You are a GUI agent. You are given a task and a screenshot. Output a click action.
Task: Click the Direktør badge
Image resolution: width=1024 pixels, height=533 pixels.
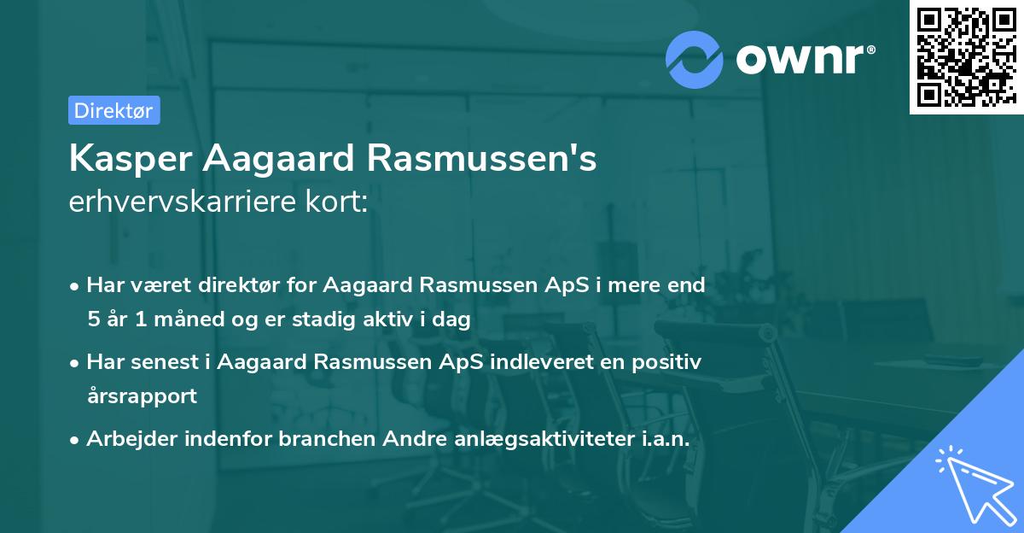coord(113,110)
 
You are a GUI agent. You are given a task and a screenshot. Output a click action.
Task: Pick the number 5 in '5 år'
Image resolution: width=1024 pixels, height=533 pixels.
coord(92,319)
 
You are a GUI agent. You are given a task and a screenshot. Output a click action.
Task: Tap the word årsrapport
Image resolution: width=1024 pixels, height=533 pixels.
coord(142,396)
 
